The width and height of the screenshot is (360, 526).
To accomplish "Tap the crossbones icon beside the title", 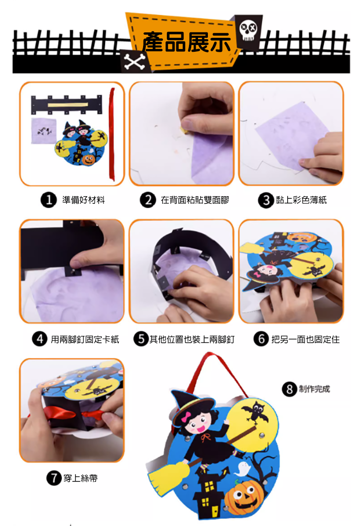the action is [x=134, y=61].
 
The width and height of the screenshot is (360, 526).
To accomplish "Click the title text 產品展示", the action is [x=187, y=43].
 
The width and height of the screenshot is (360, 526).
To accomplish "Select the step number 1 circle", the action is [x=49, y=200].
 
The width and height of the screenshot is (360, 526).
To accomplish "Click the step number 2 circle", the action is [x=148, y=200].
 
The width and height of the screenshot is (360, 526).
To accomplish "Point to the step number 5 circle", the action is [x=141, y=339].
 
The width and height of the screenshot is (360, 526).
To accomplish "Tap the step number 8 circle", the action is [x=289, y=389].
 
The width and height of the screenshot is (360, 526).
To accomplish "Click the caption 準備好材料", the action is [x=84, y=200].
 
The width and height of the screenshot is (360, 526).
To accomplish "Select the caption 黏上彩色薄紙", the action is [x=301, y=200].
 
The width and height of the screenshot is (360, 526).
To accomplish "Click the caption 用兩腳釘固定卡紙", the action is [x=85, y=339].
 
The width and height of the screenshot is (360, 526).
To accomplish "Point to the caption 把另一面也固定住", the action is [x=305, y=339].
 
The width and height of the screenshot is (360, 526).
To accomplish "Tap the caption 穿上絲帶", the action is [x=81, y=478].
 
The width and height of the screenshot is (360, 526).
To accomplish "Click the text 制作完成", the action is [x=315, y=389].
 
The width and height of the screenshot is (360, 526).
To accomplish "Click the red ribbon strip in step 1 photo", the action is [x=112, y=134].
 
